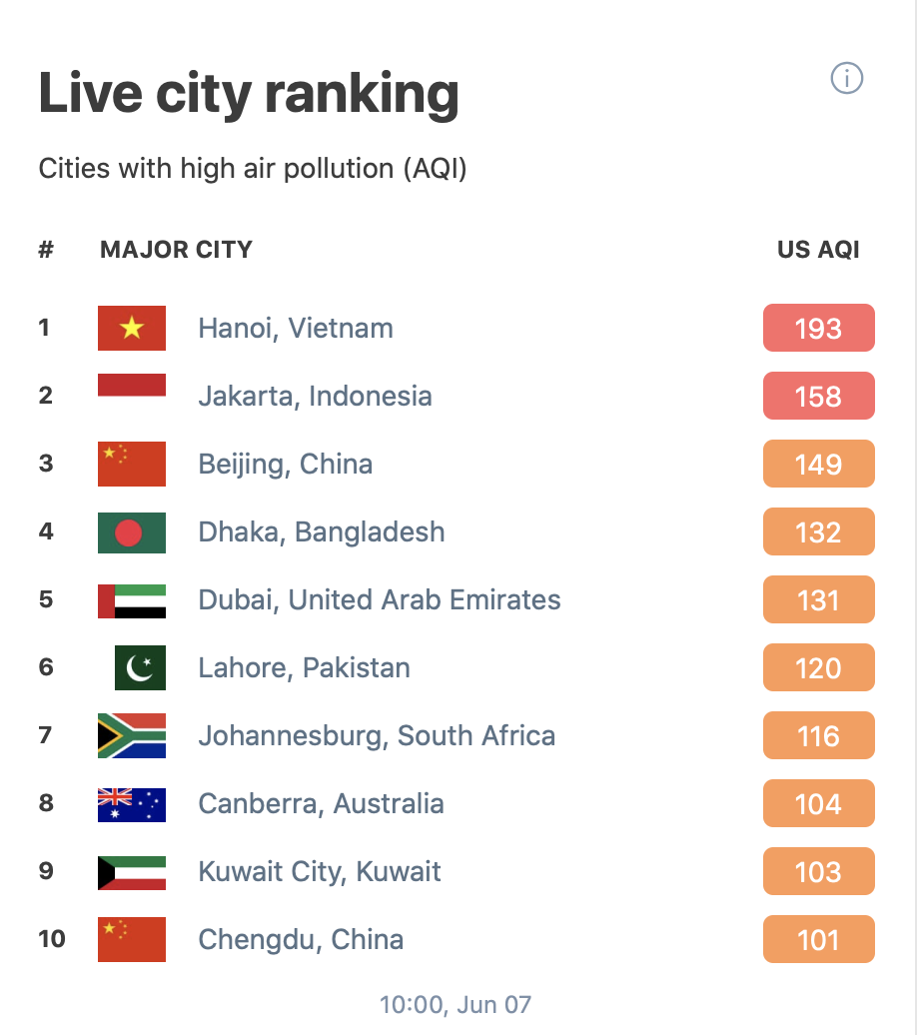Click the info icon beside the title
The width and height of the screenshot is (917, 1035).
[847, 78]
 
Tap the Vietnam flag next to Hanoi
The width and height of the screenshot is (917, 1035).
[132, 329]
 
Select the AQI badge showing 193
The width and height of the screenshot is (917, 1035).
[818, 329]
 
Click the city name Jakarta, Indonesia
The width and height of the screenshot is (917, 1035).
[315, 396]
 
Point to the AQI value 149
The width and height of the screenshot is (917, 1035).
[818, 465]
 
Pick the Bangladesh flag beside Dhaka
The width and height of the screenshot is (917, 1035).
[132, 532]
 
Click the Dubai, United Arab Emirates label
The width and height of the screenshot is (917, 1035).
[380, 599]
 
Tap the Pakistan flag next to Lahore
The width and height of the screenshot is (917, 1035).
[140, 667]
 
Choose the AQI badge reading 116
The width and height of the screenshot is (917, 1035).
[818, 736]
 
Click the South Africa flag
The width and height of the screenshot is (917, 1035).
[132, 736]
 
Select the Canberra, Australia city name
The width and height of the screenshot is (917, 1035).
[321, 803]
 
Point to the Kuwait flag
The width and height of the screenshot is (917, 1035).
[132, 872]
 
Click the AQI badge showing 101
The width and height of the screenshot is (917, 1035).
[818, 940]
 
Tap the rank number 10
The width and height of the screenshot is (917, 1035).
[52, 939]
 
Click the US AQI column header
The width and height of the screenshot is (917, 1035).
[818, 250]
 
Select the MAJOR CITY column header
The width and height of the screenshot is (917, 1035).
[176, 250]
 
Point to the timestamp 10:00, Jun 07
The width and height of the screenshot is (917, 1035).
[456, 1004]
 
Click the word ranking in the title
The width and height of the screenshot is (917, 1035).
[362, 96]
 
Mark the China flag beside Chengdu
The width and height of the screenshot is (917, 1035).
[132, 940]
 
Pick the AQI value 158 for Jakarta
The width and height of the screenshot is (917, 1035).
[818, 397]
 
